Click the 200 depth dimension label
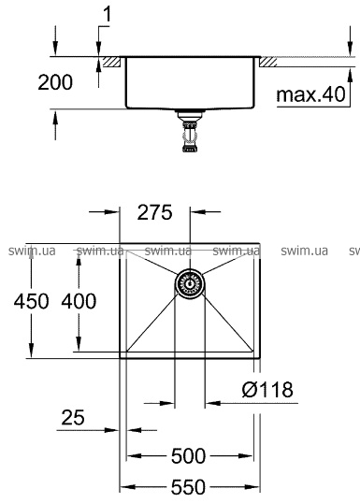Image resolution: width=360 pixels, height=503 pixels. click(55, 82)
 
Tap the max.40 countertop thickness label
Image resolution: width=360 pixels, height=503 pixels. click(310, 94)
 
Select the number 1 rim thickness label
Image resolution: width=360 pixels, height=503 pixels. click(108, 14)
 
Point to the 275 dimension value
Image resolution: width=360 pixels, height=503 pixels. click(154, 212)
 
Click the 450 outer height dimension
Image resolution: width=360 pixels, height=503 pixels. click(31, 301)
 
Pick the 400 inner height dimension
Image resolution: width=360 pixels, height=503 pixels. click(79, 301)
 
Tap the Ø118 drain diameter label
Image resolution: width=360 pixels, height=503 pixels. click(267, 390)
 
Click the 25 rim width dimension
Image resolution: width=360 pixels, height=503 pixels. click(73, 417)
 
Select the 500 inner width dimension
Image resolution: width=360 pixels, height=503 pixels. click(188, 456)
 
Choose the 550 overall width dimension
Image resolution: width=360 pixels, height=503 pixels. click(188, 487)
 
